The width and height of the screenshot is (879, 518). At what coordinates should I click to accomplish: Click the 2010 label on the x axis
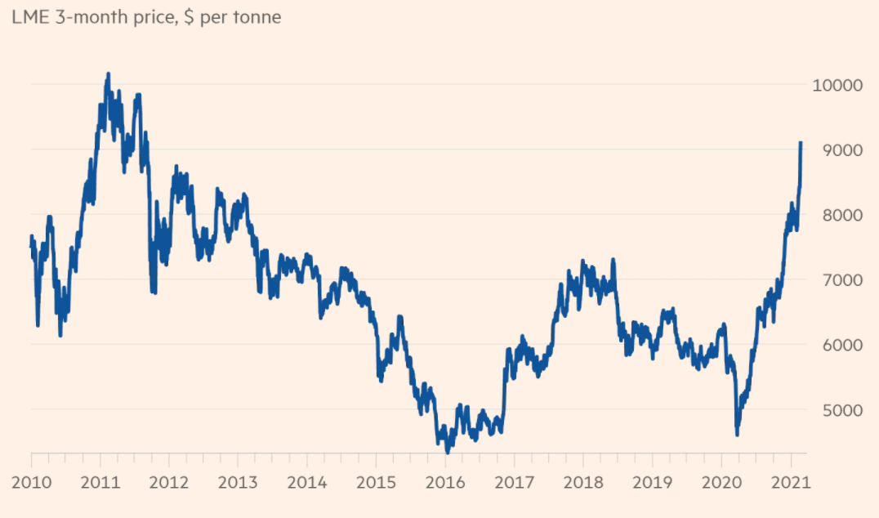(31, 481)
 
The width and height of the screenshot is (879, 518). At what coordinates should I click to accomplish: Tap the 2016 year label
(445, 481)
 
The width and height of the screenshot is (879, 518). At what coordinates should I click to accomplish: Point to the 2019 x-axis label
(653, 481)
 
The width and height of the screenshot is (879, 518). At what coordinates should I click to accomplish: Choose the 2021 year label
(791, 481)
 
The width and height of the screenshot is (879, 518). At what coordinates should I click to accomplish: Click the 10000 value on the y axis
(836, 85)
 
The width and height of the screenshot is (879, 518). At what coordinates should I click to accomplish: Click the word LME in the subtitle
(29, 16)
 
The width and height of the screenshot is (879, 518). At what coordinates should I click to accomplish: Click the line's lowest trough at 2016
(447, 451)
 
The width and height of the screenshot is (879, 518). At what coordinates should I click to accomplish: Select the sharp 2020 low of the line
(737, 435)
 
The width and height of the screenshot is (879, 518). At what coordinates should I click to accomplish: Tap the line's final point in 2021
(801, 143)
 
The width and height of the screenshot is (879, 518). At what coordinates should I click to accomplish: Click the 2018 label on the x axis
(583, 481)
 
